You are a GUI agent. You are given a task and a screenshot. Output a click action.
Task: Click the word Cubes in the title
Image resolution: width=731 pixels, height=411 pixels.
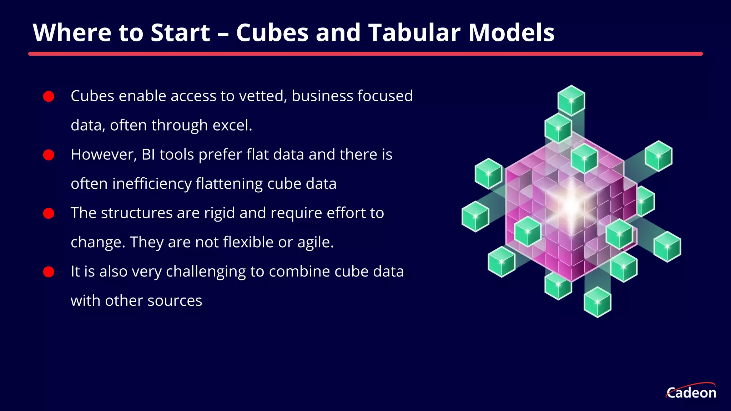click(x=272, y=33)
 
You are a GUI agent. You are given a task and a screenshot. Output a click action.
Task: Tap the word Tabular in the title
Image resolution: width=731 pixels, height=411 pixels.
click(x=414, y=33)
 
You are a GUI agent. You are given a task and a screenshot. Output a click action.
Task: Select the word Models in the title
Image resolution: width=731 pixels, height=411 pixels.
click(x=511, y=33)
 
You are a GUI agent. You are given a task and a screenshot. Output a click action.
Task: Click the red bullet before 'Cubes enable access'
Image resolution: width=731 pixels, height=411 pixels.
click(x=49, y=96)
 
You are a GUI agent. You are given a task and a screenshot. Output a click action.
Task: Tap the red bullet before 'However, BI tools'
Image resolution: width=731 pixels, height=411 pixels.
click(x=49, y=155)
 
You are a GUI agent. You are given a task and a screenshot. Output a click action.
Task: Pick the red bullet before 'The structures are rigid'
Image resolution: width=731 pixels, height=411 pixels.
click(x=49, y=213)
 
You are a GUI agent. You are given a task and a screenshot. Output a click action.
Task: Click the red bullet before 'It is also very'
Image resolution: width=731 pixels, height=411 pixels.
click(x=49, y=272)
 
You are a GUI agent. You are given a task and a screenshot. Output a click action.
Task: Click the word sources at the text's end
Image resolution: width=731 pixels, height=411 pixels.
click(x=175, y=301)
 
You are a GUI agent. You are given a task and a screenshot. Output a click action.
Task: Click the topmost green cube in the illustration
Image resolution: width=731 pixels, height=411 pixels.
click(x=571, y=100)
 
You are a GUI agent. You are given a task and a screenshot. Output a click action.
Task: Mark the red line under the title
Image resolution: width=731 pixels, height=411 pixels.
click(x=365, y=54)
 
